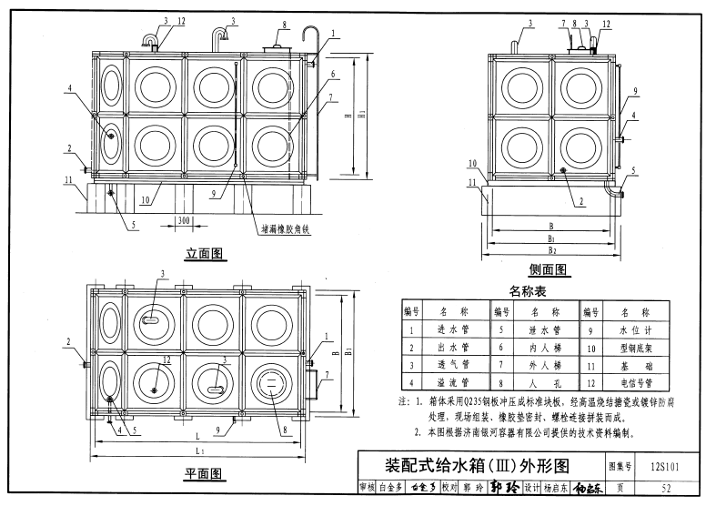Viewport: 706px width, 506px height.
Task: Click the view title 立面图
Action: pyautogui.click(x=205, y=255)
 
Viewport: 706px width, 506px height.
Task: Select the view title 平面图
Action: pyautogui.click(x=204, y=474)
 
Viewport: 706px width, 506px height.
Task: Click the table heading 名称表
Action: pyautogui.click(x=528, y=290)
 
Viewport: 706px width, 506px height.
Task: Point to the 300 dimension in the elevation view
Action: pyautogui.click(x=183, y=220)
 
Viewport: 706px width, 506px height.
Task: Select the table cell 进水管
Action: pyautogui.click(x=452, y=329)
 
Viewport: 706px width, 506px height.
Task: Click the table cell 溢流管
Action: pyautogui.click(x=452, y=384)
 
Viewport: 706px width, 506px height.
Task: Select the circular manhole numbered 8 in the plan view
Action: pyautogui.click(x=270, y=385)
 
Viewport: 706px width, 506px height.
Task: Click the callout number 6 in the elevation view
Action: pyautogui.click(x=334, y=73)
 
